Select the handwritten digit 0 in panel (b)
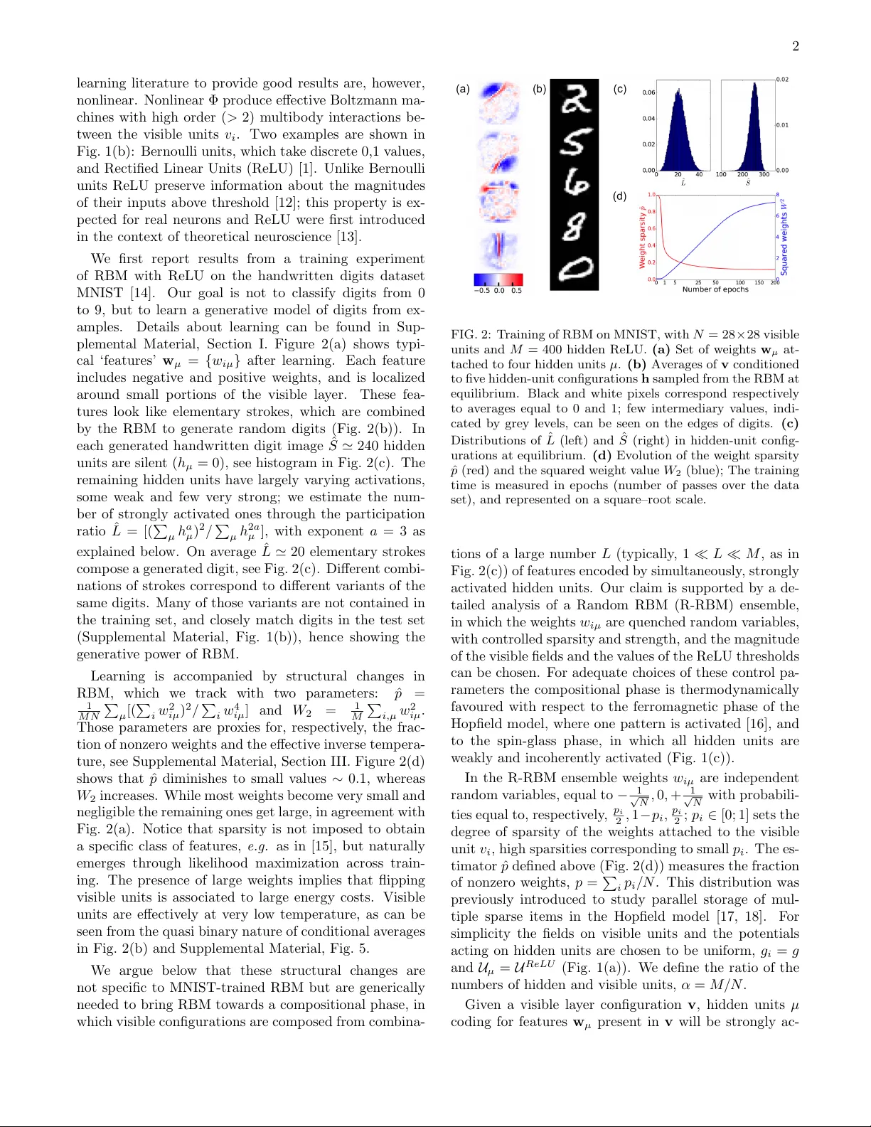tap(575, 269)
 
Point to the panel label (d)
tap(620, 196)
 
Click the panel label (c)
tap(620, 89)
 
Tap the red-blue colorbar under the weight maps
tap(498, 279)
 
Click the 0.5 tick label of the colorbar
tap(516, 291)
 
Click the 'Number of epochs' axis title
tap(715, 289)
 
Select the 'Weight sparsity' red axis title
tap(642, 237)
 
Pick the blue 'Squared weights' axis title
tap(784, 237)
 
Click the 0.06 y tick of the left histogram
tap(648, 92)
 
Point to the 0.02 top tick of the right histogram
tap(782, 80)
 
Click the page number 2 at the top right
tap(795, 46)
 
